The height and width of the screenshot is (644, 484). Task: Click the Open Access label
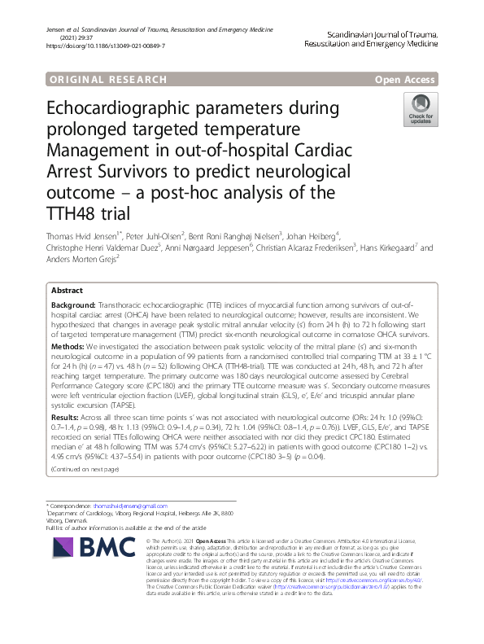coord(405,80)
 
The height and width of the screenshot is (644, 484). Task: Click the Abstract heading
coord(67,291)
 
